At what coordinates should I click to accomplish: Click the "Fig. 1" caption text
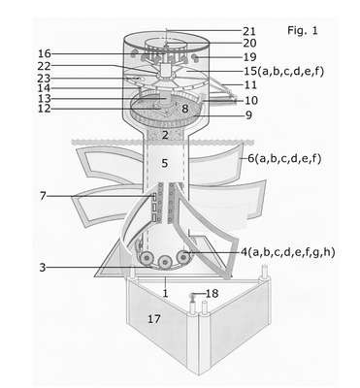tap(303, 30)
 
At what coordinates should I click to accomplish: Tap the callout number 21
tap(249, 31)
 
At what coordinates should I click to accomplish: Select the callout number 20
tap(249, 43)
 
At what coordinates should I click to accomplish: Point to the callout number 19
tap(249, 57)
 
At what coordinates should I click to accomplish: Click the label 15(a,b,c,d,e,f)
tap(283, 71)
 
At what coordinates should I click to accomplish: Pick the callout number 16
tap(45, 53)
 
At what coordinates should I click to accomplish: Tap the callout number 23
tap(44, 79)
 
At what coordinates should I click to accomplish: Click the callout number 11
tap(251, 85)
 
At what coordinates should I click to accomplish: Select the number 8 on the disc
tap(184, 109)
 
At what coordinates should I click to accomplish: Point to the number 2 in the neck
tap(165, 135)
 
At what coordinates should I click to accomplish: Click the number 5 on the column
tap(165, 163)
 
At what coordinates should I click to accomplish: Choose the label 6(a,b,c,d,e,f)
tap(284, 158)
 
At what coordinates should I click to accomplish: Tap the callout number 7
tap(43, 196)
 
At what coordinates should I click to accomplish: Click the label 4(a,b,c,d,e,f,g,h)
tap(287, 252)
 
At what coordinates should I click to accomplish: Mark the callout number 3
tap(43, 268)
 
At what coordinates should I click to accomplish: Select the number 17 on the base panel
tap(154, 319)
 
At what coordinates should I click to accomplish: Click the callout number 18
tap(213, 294)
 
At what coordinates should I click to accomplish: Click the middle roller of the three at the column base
tap(165, 261)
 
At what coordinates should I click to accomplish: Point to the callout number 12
tap(45, 109)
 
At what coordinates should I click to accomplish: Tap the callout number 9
tap(248, 115)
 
